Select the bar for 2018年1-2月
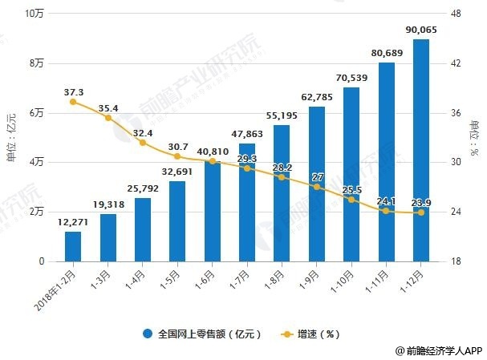73,246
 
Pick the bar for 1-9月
316,184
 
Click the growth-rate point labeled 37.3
73,102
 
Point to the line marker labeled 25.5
351,199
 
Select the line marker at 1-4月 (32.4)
143,143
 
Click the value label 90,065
420,30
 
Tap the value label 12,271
73,222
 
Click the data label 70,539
351,78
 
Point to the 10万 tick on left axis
34,14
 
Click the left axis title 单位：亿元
10,136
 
